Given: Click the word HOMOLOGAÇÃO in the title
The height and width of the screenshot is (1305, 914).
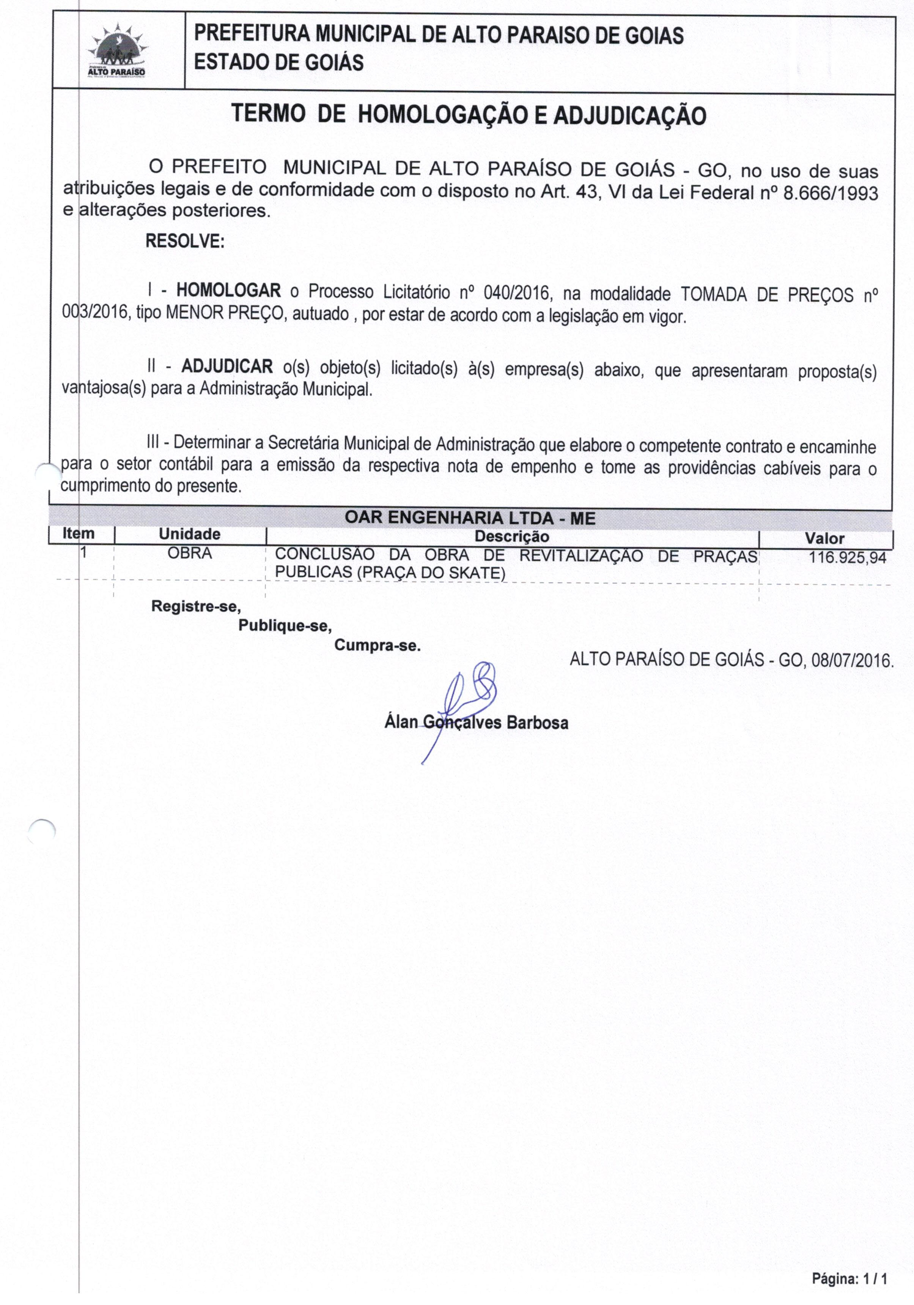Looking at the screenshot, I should point(441,115).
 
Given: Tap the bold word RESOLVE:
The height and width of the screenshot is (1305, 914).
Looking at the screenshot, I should point(185,241).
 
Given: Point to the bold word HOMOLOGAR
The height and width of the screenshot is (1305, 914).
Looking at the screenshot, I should point(228,291).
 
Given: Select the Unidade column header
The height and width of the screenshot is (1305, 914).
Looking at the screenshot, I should point(190,534).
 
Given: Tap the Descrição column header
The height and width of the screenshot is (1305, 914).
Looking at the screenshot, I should point(512,536).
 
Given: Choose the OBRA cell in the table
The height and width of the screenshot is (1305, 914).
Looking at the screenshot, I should point(190,553).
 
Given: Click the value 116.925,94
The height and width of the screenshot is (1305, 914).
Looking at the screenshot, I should point(847,557).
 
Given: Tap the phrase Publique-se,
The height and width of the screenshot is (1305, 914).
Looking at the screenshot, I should point(285,626).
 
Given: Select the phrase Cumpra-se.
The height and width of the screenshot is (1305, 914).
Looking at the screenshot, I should point(377,646).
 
